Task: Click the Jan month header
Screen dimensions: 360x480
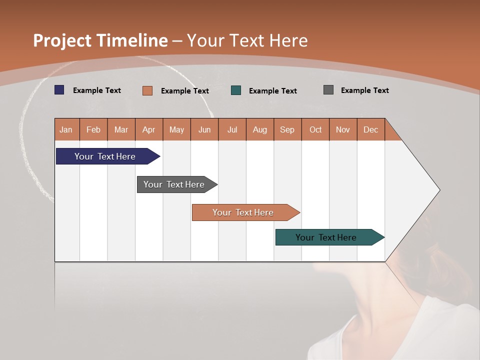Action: pyautogui.click(x=66, y=129)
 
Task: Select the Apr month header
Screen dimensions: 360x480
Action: pyautogui.click(x=149, y=129)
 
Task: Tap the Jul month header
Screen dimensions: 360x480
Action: pyautogui.click(x=232, y=129)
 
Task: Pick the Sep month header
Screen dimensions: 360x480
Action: pyautogui.click(x=287, y=129)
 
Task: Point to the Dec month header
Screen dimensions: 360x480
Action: pyautogui.click(x=370, y=129)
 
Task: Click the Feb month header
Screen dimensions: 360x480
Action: pyautogui.click(x=93, y=129)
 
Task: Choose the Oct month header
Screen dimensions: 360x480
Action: pyautogui.click(x=315, y=129)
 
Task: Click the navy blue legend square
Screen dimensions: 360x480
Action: pyautogui.click(x=59, y=90)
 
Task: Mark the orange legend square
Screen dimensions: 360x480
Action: pyautogui.click(x=147, y=90)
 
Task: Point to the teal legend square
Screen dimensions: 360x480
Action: pyautogui.click(x=236, y=90)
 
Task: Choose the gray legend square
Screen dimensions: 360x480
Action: pyautogui.click(x=328, y=90)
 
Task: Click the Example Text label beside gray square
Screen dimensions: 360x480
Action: pyautogui.click(x=364, y=90)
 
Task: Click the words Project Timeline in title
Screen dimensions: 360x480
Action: pyautogui.click(x=100, y=40)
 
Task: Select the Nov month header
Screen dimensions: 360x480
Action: pyautogui.click(x=343, y=129)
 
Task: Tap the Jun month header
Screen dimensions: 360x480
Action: pyautogui.click(x=204, y=129)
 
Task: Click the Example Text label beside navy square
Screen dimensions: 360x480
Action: pyautogui.click(x=97, y=90)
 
